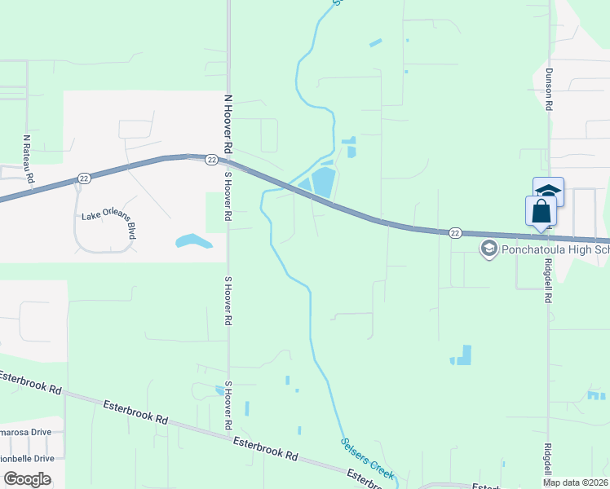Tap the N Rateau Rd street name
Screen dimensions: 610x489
[28, 159]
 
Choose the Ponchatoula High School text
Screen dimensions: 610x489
[555, 249]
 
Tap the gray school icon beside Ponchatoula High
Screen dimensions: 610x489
[489, 249]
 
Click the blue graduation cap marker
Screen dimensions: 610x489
[549, 190]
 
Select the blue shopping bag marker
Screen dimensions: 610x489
[541, 211]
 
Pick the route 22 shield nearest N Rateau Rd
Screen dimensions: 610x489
[84, 178]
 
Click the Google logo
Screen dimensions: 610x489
[27, 479]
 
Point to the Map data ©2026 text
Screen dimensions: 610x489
[574, 482]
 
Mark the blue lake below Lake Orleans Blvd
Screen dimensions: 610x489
[193, 241]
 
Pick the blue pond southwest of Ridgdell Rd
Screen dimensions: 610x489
[462, 355]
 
